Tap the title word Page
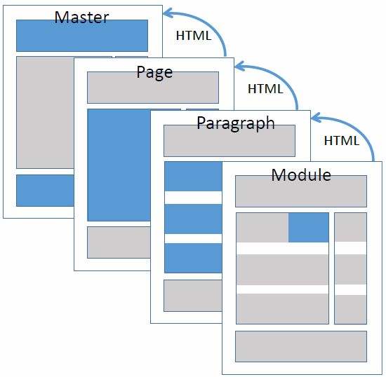(154, 71)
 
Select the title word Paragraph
(235, 124)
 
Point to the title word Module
(300, 174)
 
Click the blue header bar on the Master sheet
(81, 36)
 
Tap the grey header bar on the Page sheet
(153, 88)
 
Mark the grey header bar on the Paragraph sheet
(229, 141)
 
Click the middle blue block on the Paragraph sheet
(192, 219)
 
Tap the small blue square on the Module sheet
(308, 227)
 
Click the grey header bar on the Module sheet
(300, 191)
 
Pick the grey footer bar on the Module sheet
(300, 345)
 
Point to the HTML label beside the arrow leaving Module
(341, 140)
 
